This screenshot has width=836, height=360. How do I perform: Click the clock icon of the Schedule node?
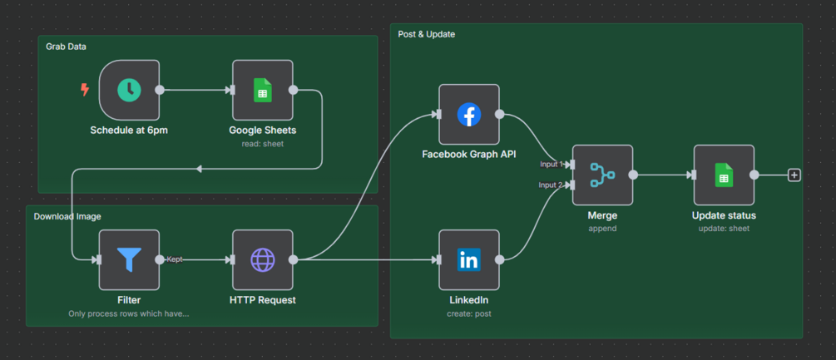(x=129, y=90)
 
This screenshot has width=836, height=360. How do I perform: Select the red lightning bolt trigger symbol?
(x=84, y=90)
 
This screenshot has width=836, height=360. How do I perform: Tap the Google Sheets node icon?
(x=263, y=90)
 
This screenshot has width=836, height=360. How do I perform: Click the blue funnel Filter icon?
(x=129, y=259)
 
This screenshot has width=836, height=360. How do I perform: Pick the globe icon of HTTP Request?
(x=263, y=259)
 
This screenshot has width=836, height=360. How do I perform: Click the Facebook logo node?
(x=469, y=115)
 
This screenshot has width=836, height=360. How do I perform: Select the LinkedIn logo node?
(x=469, y=259)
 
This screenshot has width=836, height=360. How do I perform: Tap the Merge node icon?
(x=602, y=175)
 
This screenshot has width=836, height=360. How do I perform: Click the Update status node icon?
(x=724, y=175)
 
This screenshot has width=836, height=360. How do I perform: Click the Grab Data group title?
(x=66, y=47)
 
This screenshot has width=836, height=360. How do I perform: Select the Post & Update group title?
(x=426, y=34)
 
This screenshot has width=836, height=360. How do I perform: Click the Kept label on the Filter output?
(x=174, y=259)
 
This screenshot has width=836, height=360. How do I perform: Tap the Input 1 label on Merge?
(x=551, y=164)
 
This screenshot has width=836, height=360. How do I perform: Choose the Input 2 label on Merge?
(x=551, y=185)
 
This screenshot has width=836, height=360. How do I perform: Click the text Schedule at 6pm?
(x=129, y=130)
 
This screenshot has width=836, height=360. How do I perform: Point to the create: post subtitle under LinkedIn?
(x=469, y=313)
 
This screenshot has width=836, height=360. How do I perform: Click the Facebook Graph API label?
(x=469, y=154)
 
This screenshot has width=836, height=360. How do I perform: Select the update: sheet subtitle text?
(x=724, y=228)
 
